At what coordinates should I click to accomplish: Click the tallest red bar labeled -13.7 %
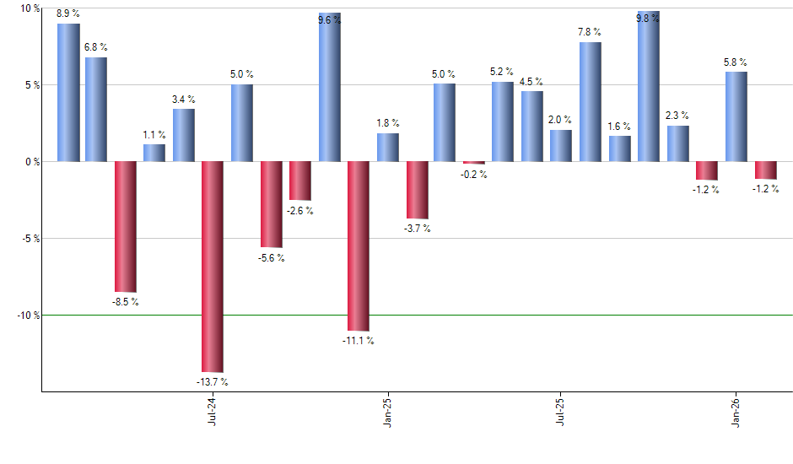213,267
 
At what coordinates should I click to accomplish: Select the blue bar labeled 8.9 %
68,92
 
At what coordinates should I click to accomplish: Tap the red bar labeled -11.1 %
358,245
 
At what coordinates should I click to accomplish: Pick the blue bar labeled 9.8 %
648,86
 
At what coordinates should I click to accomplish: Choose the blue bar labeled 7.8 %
591,101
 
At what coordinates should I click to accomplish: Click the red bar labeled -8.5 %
126,226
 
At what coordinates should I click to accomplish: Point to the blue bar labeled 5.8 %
736,116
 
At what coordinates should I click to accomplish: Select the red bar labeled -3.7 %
417,190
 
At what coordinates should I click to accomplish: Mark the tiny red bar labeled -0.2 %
474,162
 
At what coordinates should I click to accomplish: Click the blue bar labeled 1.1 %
154,153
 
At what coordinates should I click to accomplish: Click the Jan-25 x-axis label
387,409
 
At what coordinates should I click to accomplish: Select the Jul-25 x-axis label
561,409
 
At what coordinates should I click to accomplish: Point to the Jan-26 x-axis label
736,409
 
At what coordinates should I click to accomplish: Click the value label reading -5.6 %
271,258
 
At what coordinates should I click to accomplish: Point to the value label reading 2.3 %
677,116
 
